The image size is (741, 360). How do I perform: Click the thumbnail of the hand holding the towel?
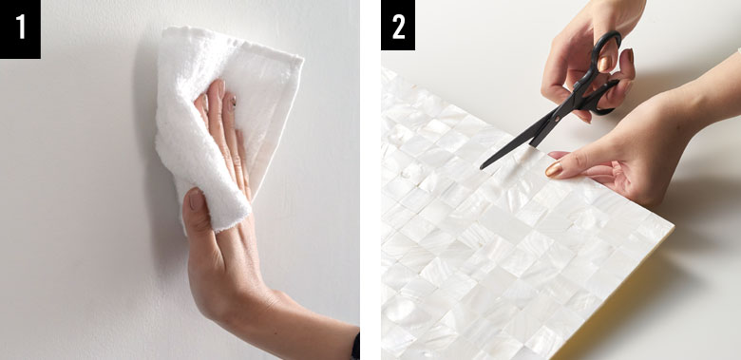pos(195,200)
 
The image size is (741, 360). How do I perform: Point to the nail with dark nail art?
pos(232,102)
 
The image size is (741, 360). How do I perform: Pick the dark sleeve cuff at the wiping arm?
pos(355,347)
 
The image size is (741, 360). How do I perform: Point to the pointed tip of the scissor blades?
pos(482,167)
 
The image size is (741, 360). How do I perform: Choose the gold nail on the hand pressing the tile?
pos(554,169)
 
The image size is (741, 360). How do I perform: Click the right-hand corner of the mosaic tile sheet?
pos(673,229)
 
